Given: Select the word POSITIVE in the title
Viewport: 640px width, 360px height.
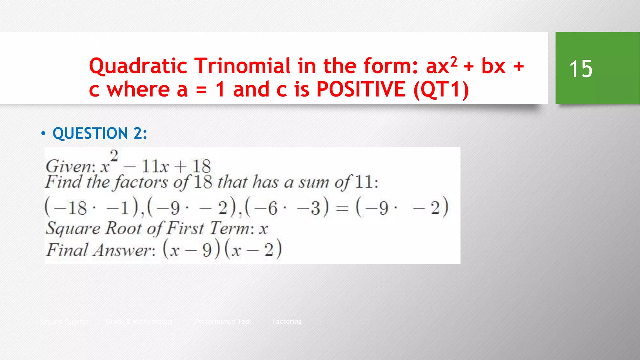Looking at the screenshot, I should click(x=361, y=89).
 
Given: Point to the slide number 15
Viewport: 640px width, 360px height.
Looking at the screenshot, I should click(x=581, y=69).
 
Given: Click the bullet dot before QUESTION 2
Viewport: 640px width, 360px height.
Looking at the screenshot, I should click(x=43, y=133).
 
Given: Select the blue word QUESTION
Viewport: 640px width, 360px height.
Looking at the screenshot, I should click(x=90, y=133).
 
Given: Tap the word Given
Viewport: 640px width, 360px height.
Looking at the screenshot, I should click(x=70, y=166).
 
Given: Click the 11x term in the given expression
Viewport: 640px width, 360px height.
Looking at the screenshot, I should click(x=155, y=166).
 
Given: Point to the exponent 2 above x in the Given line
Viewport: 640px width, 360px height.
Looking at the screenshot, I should click(x=114, y=156).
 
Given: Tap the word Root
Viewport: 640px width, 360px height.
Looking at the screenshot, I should click(x=123, y=228).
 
